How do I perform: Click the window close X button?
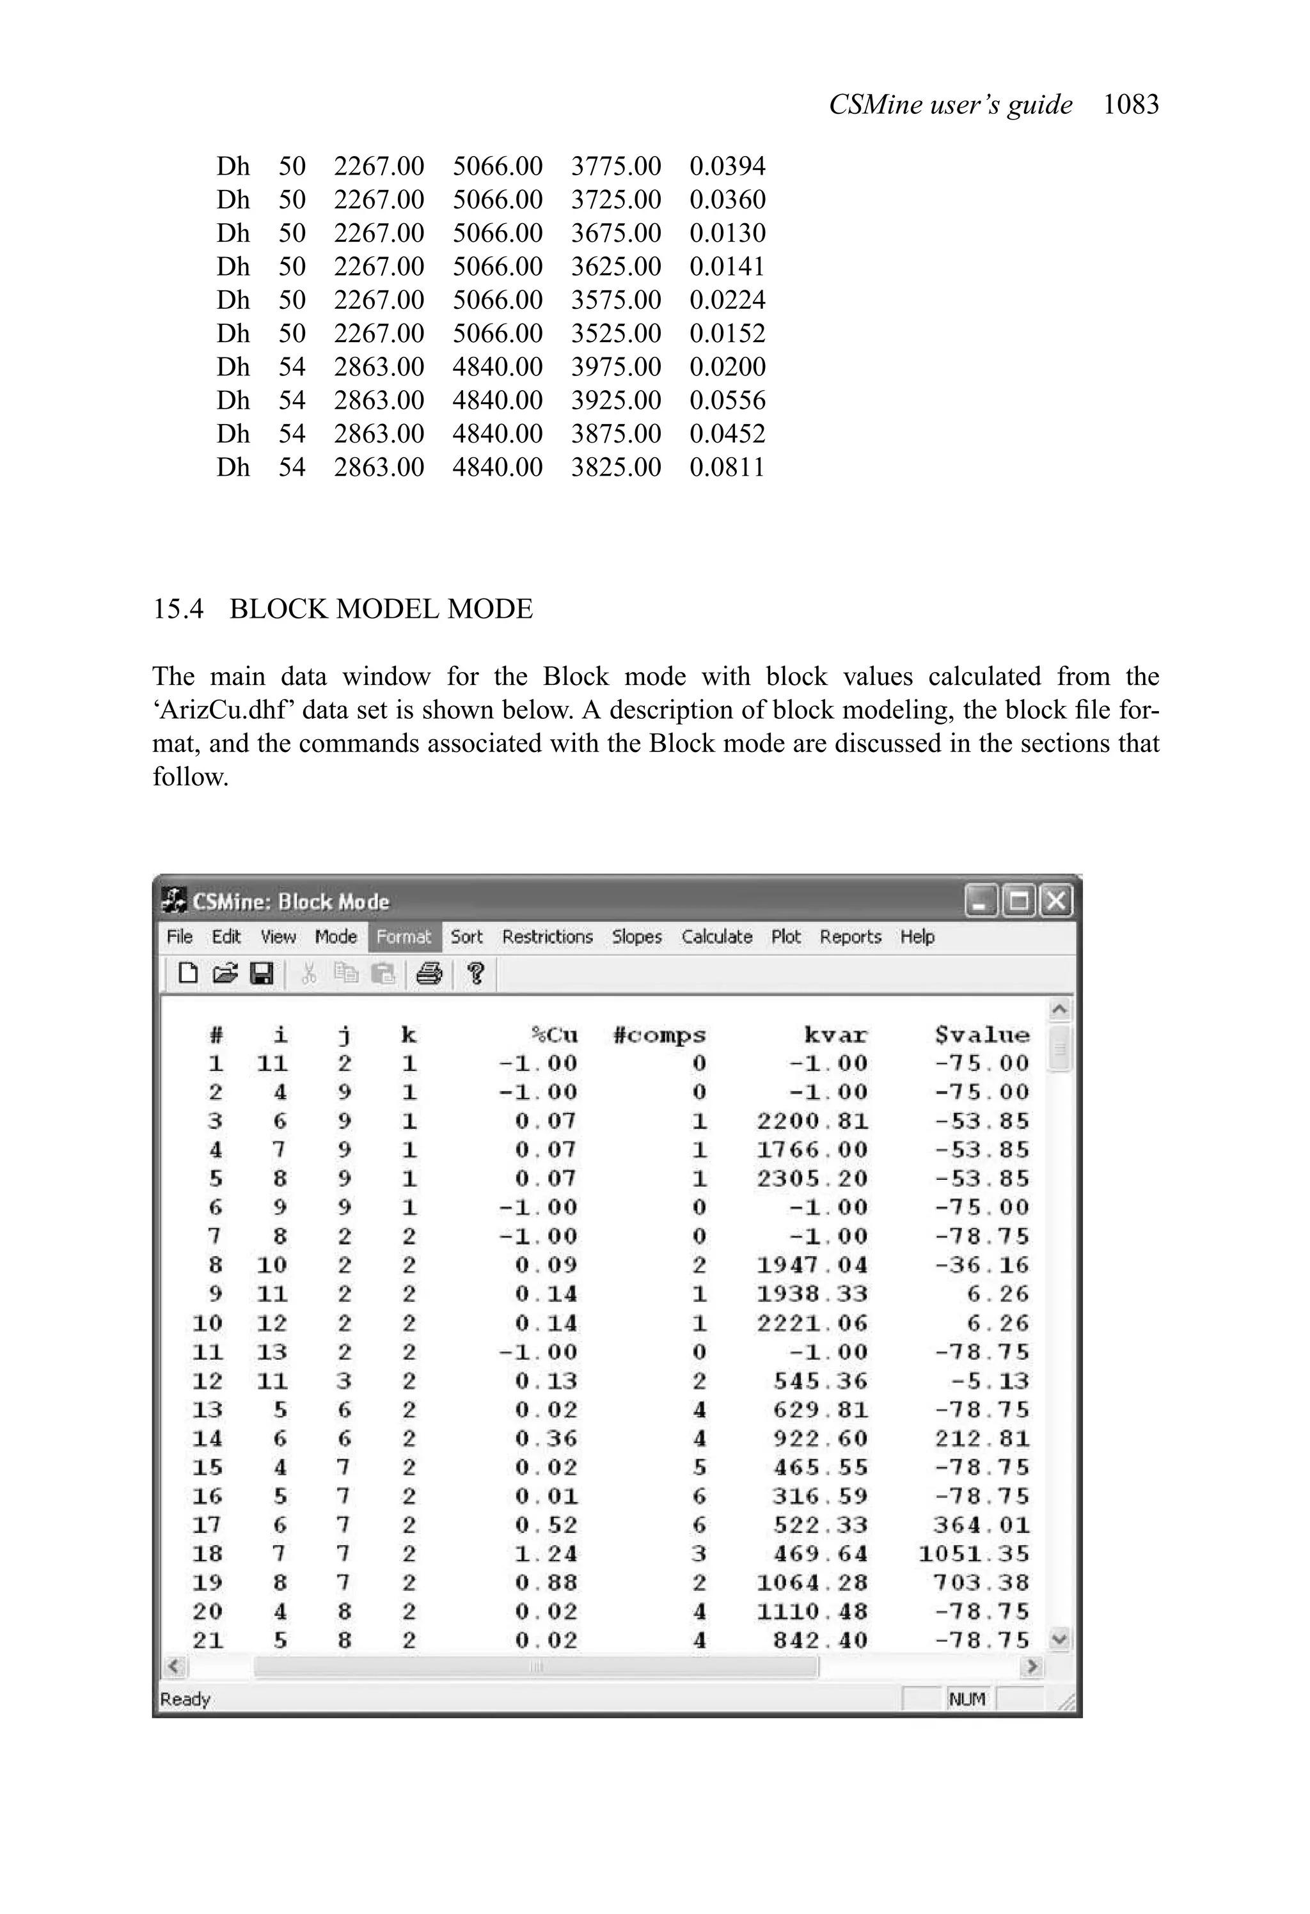point(1055,901)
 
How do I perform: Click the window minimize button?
point(981,901)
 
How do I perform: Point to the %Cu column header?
point(555,1035)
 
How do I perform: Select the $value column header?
point(982,1035)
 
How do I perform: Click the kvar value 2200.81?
point(812,1121)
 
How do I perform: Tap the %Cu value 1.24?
point(546,1553)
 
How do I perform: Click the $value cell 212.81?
point(982,1438)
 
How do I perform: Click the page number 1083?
point(1130,105)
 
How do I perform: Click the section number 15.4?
point(178,609)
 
